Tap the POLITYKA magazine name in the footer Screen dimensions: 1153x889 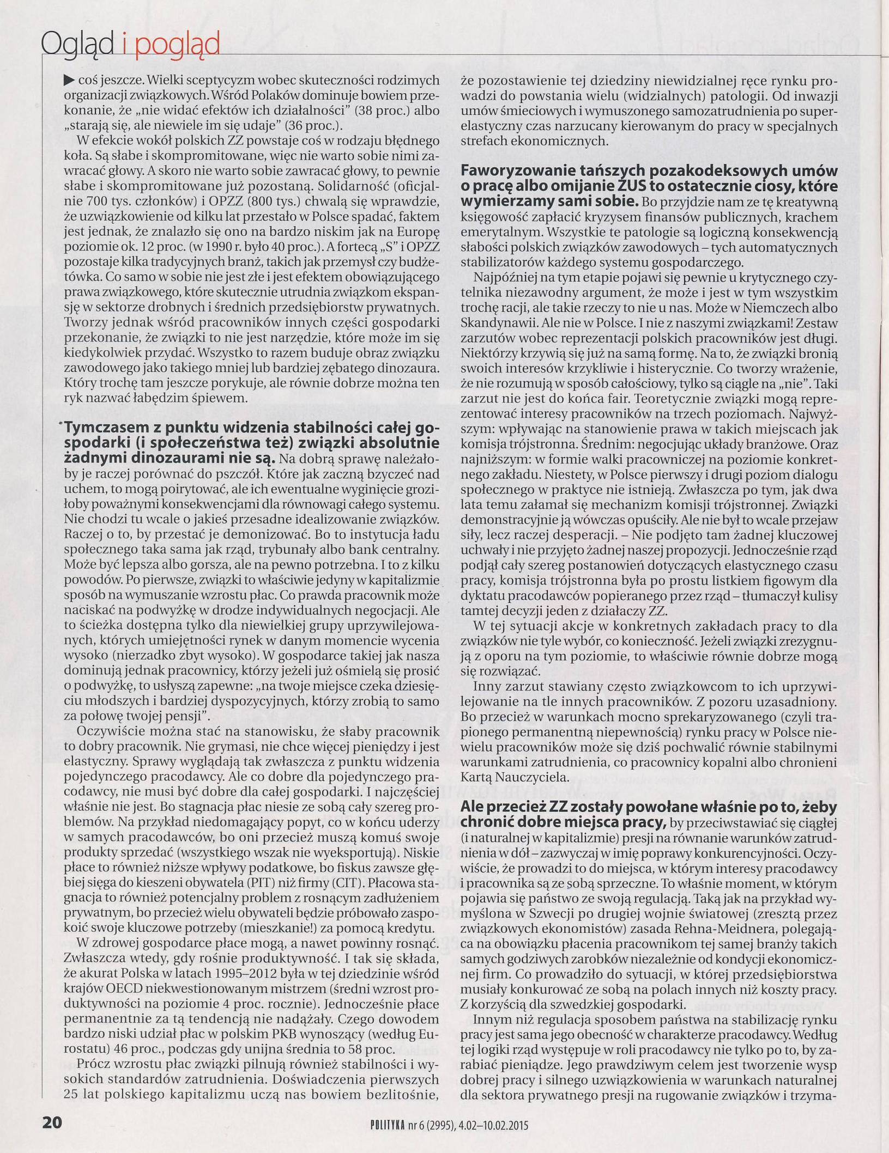coord(384,1124)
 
